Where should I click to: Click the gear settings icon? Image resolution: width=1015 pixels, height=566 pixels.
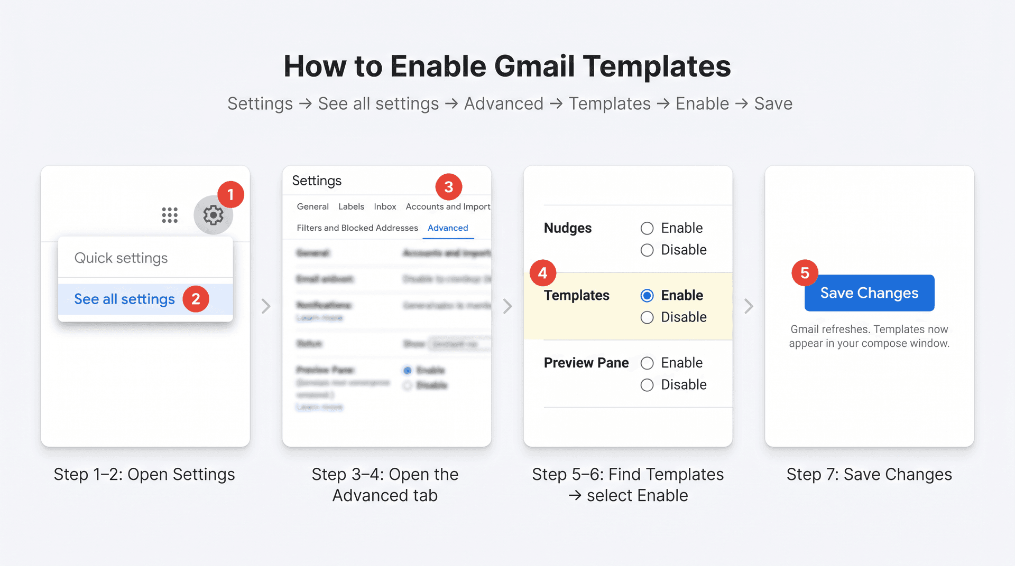tap(213, 215)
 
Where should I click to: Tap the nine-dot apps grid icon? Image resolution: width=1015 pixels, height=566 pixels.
tap(170, 215)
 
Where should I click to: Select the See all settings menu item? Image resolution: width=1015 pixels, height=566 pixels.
tap(125, 299)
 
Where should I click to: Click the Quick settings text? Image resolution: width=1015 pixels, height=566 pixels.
tap(121, 258)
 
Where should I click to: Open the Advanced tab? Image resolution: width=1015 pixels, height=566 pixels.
tap(448, 228)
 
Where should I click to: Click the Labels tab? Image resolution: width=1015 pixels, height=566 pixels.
tap(351, 206)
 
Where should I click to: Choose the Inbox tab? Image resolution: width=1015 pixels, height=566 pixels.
tap(385, 206)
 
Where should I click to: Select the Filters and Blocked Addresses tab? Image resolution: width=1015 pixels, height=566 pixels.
tap(357, 228)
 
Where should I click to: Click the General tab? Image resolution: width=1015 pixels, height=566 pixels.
tap(312, 206)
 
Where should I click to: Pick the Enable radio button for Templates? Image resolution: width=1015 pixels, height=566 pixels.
tap(647, 296)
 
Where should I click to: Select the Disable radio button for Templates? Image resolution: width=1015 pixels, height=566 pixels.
tap(647, 317)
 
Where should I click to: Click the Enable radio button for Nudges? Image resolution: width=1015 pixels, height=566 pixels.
tap(647, 228)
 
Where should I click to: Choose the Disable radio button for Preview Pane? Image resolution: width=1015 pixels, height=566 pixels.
tap(647, 385)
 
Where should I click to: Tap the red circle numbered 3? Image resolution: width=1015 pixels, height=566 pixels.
tap(449, 187)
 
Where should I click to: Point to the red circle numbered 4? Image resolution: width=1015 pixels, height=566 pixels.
tap(543, 273)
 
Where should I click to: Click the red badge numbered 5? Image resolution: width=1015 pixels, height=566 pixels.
tap(805, 273)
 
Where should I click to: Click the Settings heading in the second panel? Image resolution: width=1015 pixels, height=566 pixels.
tap(317, 181)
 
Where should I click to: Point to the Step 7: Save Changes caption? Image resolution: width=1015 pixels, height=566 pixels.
tap(869, 474)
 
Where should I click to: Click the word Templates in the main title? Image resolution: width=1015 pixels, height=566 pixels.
tap(657, 67)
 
